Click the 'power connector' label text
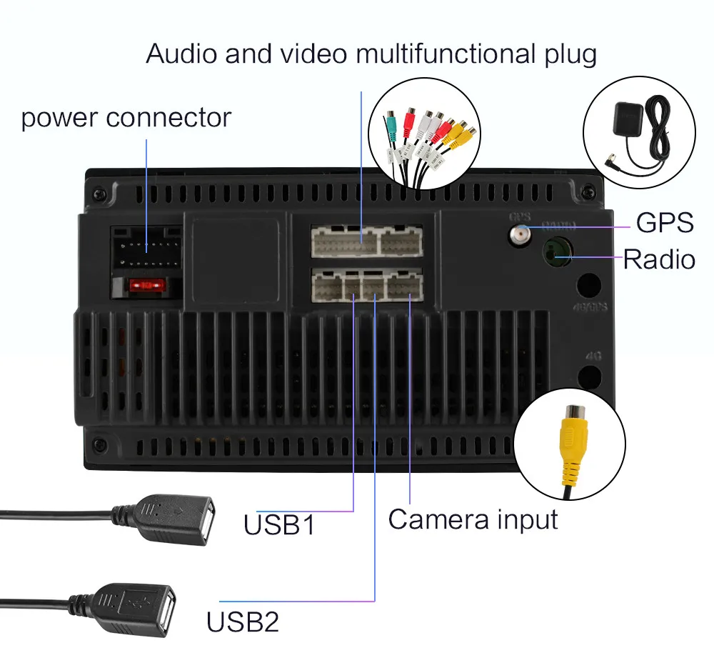(x=126, y=118)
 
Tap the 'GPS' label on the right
(x=665, y=222)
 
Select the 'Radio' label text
(x=658, y=259)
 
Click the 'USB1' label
(x=278, y=525)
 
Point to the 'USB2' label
(x=243, y=622)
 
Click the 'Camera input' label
(x=473, y=519)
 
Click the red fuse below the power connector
(x=146, y=286)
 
